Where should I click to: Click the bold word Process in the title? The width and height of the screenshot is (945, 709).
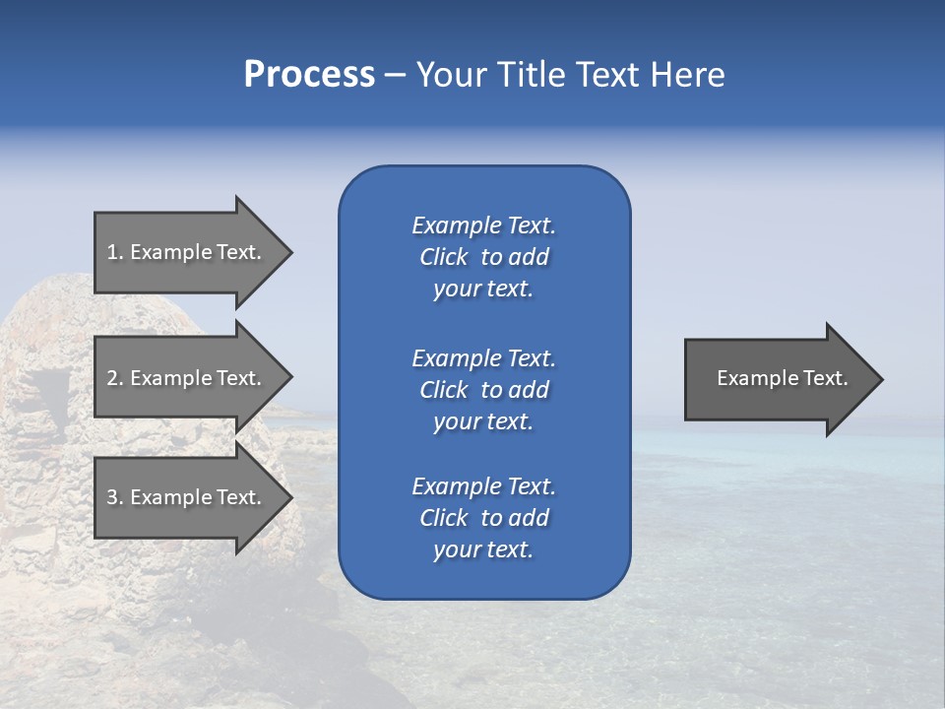click(x=309, y=75)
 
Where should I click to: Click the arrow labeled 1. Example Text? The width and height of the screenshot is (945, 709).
click(x=184, y=252)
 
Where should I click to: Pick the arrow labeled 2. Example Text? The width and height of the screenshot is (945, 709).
click(x=184, y=378)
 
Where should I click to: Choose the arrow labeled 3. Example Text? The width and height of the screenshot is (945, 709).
click(x=184, y=497)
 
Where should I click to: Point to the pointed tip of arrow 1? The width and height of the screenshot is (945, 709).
click(x=290, y=252)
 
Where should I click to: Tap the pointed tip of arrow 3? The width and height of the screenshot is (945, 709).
click(x=290, y=497)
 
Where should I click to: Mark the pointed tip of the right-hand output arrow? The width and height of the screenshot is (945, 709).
click(x=881, y=379)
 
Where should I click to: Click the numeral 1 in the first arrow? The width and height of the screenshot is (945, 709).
click(x=111, y=252)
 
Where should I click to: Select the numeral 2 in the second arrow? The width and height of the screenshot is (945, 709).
click(x=111, y=378)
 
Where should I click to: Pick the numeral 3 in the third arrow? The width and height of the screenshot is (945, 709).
click(x=111, y=497)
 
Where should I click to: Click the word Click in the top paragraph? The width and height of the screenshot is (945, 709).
click(x=443, y=257)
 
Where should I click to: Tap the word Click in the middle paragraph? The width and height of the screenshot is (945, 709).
click(x=443, y=390)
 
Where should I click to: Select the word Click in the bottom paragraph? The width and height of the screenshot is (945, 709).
click(x=443, y=518)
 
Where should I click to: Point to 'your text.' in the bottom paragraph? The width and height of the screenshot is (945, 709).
click(x=483, y=549)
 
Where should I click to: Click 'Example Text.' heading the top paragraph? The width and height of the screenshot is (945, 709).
click(x=483, y=226)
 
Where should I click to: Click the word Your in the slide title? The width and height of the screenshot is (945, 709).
click(x=452, y=75)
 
